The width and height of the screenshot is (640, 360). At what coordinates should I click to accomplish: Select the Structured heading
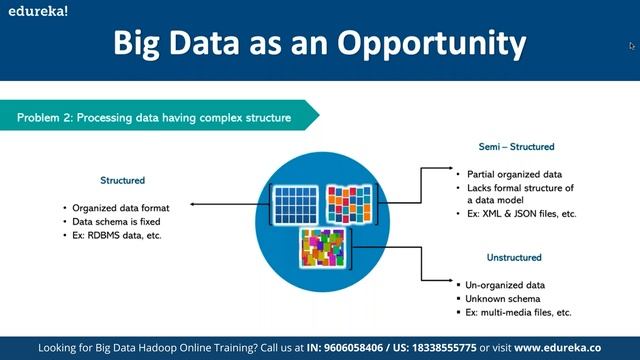122,181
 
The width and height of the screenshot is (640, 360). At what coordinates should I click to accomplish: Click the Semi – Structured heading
516,147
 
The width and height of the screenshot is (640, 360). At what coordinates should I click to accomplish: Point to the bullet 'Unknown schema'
504,298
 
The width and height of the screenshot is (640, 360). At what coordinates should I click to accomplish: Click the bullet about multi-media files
519,312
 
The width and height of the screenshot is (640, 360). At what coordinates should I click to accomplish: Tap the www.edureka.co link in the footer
571,347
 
